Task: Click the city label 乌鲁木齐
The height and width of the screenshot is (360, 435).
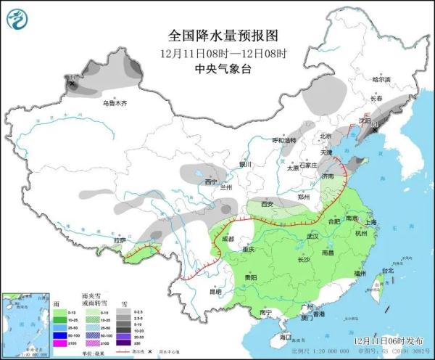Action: pyautogui.click(x=115, y=103)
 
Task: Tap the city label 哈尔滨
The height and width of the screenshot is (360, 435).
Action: pyautogui.click(x=381, y=79)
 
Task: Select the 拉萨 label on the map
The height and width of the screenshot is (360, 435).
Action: pyautogui.click(x=120, y=240)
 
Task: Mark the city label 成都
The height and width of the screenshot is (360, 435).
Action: pyautogui.click(x=228, y=239)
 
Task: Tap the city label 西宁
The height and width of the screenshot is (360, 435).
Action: pyautogui.click(x=211, y=181)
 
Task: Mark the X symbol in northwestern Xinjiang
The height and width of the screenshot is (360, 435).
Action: pyautogui.click(x=72, y=84)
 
